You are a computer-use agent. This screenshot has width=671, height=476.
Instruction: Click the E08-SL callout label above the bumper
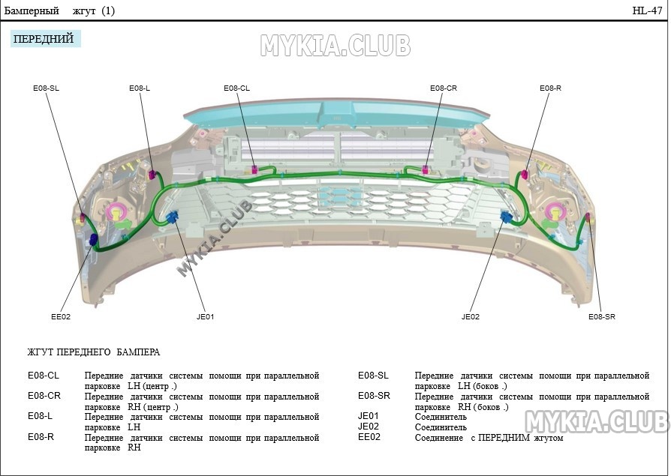point(47,88)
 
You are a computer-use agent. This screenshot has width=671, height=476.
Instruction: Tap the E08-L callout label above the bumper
point(140,88)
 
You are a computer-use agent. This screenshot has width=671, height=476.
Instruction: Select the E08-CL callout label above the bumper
point(236,88)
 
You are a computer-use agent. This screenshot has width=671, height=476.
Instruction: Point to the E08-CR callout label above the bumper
point(444,88)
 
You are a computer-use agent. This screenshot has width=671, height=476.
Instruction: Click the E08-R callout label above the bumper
point(550,88)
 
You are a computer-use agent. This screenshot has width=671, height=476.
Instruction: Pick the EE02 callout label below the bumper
point(61,317)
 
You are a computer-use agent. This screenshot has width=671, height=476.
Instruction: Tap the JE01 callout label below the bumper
point(205,317)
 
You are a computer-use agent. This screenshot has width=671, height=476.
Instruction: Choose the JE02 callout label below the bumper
point(471,317)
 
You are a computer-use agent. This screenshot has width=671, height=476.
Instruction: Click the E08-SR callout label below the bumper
point(602,317)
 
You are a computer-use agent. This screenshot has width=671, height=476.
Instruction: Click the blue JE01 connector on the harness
point(173,217)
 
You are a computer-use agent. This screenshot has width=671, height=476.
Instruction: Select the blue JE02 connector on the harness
point(506,217)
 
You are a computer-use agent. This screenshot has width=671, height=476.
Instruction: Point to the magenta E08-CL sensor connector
point(254,169)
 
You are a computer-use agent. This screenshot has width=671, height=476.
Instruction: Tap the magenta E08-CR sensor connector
point(426,169)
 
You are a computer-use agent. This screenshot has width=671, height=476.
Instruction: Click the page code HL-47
point(647,10)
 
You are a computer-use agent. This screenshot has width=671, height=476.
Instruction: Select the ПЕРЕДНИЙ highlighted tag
point(44,39)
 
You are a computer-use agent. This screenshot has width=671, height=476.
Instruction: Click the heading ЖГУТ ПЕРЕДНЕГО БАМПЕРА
point(94,352)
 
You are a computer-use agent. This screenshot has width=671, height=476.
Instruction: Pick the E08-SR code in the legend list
point(374,396)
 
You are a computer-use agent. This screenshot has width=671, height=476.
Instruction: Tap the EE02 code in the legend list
point(369,437)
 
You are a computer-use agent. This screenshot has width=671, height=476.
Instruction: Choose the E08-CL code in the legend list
point(44,376)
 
